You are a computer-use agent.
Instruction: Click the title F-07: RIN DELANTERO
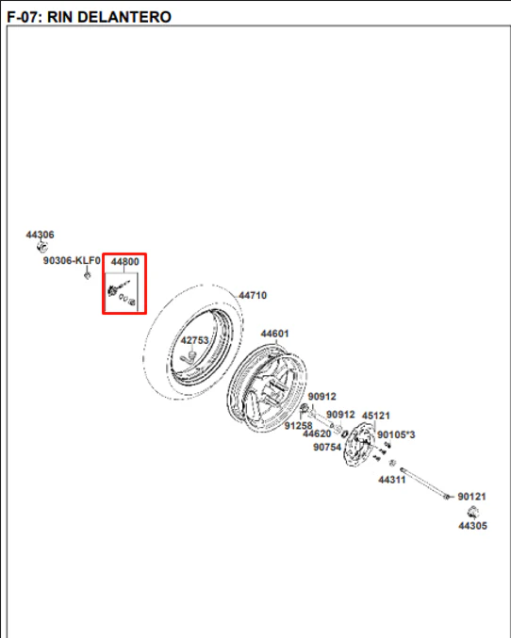[90, 17]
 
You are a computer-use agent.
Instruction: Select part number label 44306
[40, 235]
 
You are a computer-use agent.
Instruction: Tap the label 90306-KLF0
[72, 260]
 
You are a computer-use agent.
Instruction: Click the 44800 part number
[125, 262]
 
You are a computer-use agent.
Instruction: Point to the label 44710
[253, 295]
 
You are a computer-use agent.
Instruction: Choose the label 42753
[194, 340]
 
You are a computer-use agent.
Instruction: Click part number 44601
[275, 334]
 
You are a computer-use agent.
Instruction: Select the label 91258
[299, 426]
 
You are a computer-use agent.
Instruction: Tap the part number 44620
[317, 434]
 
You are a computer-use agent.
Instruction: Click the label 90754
[327, 448]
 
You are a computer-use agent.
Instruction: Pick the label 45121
[376, 416]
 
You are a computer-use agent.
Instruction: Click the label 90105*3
[396, 435]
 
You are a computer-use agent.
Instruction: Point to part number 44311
[392, 480]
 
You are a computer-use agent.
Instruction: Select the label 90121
[472, 497]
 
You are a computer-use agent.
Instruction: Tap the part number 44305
[472, 526]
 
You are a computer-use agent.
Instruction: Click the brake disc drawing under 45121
[358, 444]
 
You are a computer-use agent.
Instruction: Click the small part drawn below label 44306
[42, 246]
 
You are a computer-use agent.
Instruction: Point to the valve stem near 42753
[188, 358]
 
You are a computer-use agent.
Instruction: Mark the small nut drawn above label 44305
[472, 512]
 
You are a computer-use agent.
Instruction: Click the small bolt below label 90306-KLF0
[87, 275]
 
